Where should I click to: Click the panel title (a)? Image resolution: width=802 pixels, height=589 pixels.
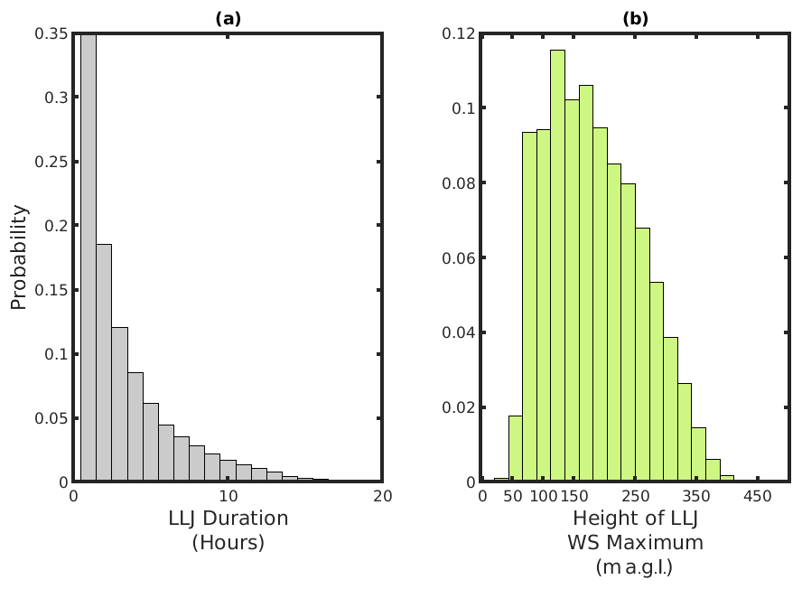pos(228,18)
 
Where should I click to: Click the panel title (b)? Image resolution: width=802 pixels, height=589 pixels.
pos(635,18)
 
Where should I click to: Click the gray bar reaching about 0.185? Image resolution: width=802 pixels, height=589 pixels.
pos(104,361)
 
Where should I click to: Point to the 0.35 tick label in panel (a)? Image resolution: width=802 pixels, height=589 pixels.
pos(51,34)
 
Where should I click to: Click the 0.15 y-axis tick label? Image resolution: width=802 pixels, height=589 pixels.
pos(51,290)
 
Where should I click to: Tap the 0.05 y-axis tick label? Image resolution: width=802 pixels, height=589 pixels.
pos(51,418)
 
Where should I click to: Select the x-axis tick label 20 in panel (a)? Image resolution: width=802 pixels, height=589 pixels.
pos(382,497)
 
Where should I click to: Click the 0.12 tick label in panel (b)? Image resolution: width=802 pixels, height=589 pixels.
pos(459,34)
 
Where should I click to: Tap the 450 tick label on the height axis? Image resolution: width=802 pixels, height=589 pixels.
pos(757,497)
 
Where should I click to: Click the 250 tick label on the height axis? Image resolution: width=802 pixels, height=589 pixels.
pos(636,497)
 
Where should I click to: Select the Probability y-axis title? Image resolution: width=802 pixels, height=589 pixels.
pos(19,257)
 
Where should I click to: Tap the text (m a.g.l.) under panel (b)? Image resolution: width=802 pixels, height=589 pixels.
pos(635,567)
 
